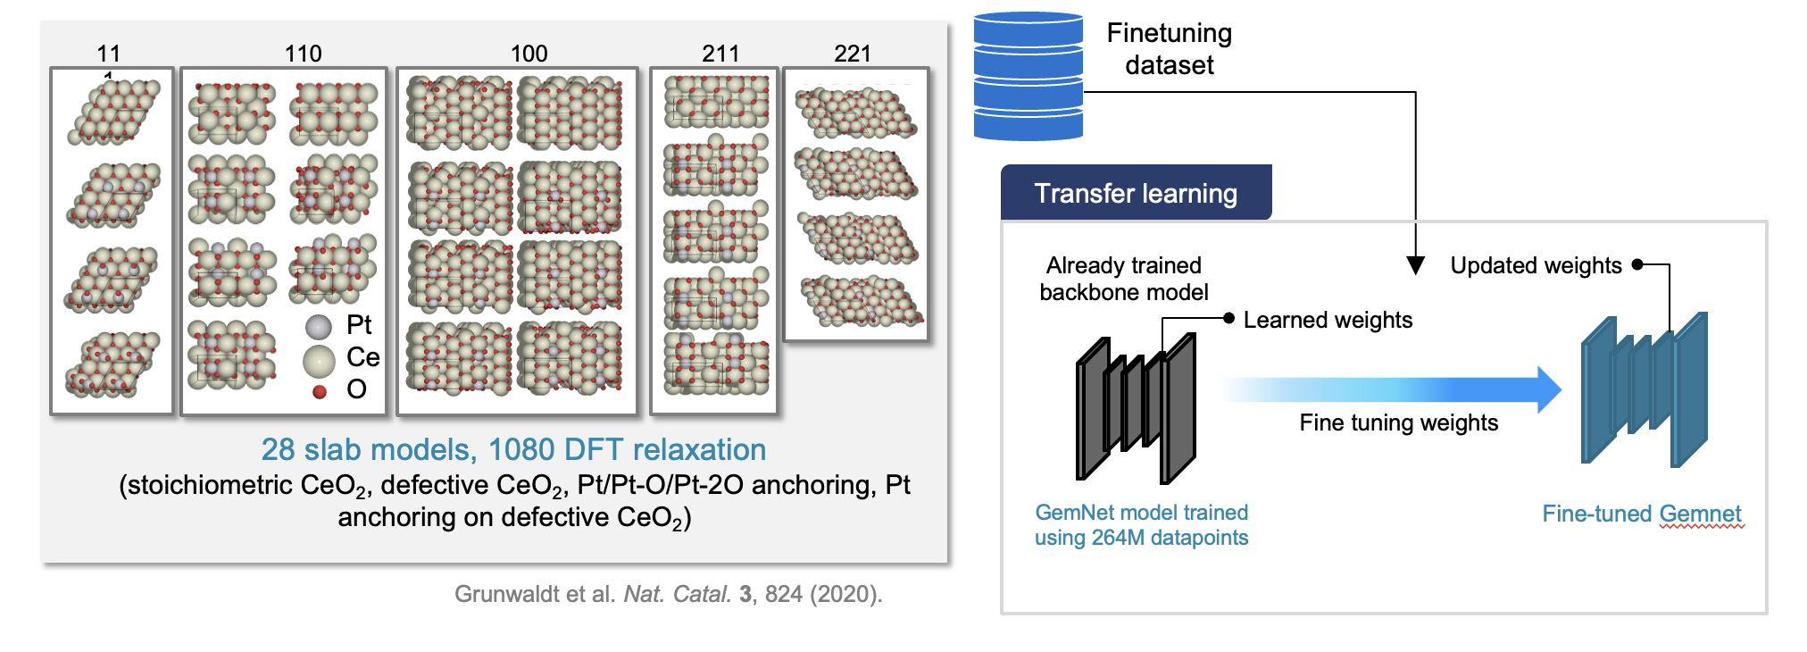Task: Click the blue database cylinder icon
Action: pos(1028,77)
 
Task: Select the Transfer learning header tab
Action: pos(1136,193)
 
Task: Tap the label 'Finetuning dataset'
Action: pos(1170,49)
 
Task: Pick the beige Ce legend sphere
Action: pos(319,361)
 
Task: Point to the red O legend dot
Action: pos(320,391)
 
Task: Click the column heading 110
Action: pos(303,54)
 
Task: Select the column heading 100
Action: pos(529,54)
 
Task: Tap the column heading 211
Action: pos(720,54)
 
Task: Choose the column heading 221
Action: pos(852,54)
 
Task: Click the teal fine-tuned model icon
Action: pos(1644,389)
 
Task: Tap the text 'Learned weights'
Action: pos(1328,320)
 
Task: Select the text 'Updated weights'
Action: pos(1536,265)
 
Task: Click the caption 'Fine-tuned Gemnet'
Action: pos(1641,514)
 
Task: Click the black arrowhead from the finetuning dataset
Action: pos(1415,265)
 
